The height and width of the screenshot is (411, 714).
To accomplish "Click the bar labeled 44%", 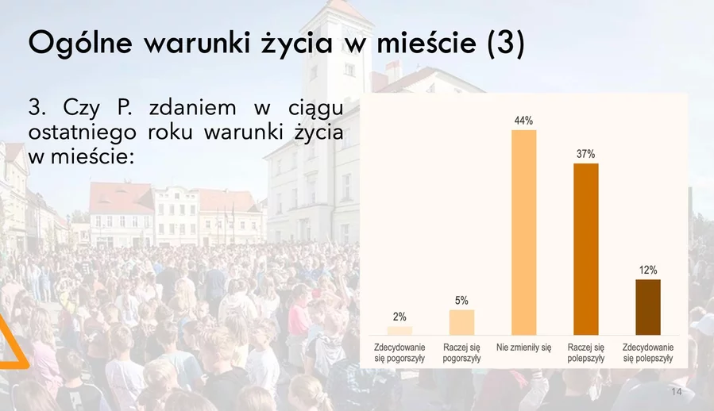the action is coord(523,232).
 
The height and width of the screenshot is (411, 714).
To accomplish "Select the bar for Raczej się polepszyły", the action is coord(585,249).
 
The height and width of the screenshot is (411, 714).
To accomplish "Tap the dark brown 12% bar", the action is coord(648,307).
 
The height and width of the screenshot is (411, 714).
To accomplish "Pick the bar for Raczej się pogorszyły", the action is coord(461,323).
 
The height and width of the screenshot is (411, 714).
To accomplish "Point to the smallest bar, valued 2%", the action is coord(399,331).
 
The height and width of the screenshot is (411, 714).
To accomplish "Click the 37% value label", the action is coord(585,154).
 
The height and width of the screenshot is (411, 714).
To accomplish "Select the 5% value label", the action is coord(461,301).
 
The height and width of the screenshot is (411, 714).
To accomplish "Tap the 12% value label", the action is coord(648,271).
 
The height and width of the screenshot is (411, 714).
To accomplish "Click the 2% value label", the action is coord(399,317).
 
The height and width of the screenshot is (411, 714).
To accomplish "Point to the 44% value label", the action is coord(523,121).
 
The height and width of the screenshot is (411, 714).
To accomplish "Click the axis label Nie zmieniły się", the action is coord(523,348).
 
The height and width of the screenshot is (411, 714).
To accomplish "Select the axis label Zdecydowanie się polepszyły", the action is coord(648,353).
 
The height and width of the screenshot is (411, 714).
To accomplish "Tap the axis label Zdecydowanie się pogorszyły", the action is coord(399,353).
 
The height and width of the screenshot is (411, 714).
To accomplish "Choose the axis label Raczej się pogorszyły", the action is coord(461,353).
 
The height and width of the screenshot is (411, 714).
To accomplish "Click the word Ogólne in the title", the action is coord(80,44).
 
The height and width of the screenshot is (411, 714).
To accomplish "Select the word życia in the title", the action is coord(297,44).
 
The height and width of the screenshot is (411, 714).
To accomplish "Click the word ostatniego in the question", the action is coord(83,133).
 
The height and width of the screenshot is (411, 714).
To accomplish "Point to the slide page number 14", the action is coord(677,392).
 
